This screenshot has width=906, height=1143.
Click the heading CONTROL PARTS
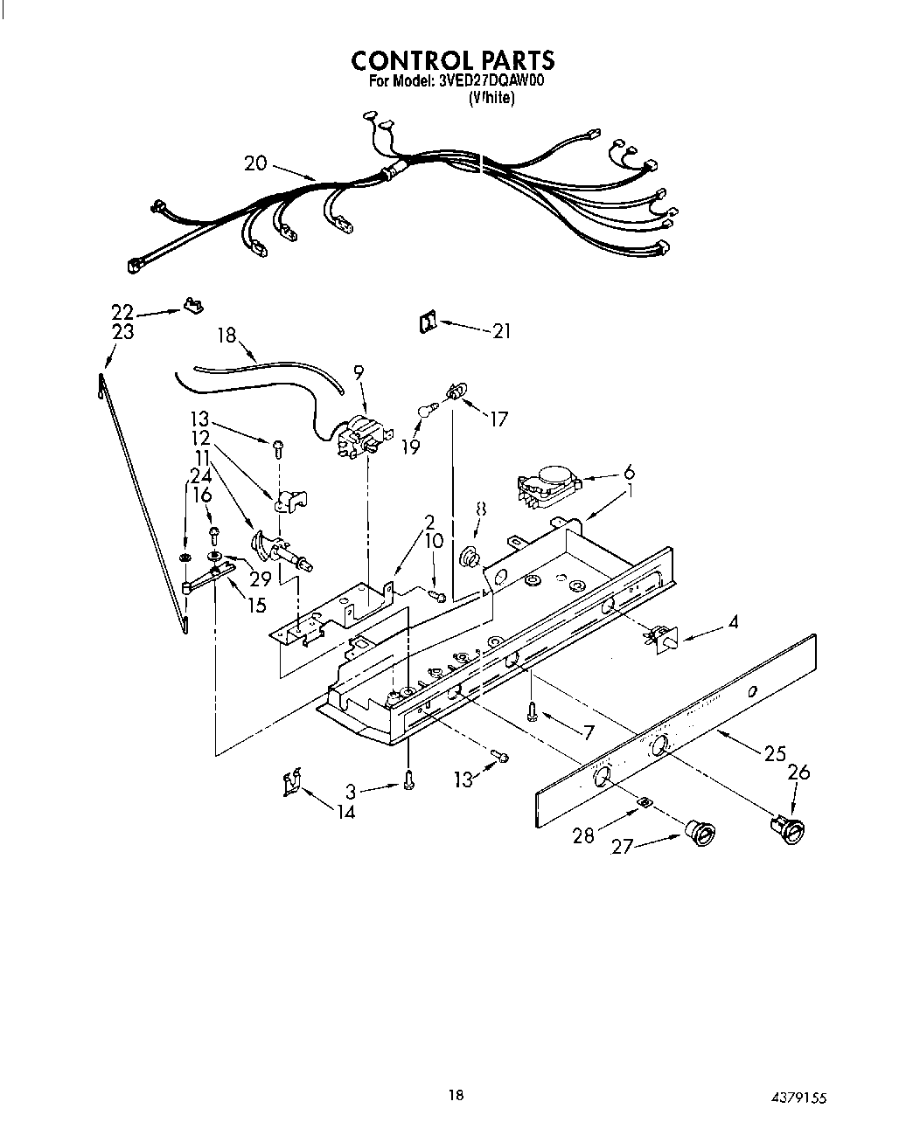point(452,60)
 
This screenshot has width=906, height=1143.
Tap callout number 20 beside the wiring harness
point(256,163)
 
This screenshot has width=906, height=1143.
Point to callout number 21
point(502,331)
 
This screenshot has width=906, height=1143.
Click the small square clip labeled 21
point(427,322)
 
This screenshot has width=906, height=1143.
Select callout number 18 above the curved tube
point(228,335)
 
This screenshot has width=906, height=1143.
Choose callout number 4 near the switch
point(732,622)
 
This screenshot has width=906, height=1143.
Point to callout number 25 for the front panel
point(774,753)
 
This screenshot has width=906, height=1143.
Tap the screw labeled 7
point(531,711)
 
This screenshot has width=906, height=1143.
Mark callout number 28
point(583,835)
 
